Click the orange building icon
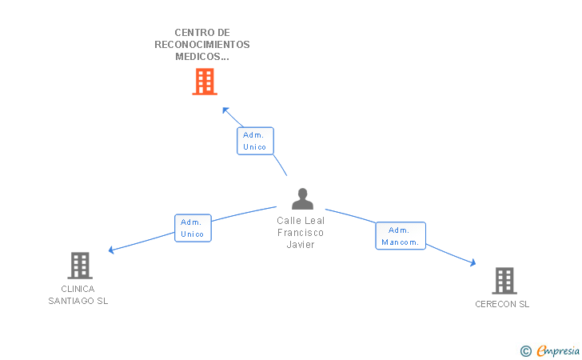click(205, 82)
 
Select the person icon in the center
click(302, 198)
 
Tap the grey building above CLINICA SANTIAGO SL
click(80, 266)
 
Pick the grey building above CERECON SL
click(504, 281)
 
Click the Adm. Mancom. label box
click(401, 235)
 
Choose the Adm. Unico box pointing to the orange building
click(255, 141)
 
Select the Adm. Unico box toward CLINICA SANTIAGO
click(193, 228)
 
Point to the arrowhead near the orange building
click(225, 110)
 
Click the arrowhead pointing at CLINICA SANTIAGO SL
click(111, 250)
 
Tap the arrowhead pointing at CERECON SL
click(473, 262)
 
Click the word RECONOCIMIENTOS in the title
click(202, 45)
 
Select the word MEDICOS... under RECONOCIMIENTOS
click(202, 57)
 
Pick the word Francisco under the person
click(301, 233)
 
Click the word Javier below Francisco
click(301, 245)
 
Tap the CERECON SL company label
click(502, 304)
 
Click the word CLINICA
click(78, 289)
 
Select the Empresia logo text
click(558, 350)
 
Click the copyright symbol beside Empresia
click(526, 351)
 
